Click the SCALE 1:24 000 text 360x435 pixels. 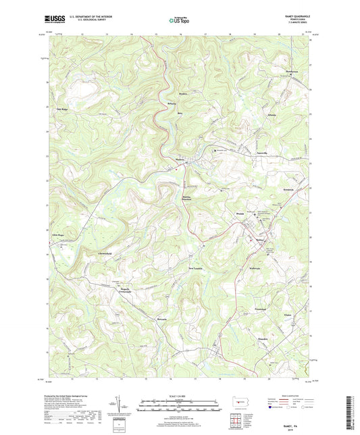179,395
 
